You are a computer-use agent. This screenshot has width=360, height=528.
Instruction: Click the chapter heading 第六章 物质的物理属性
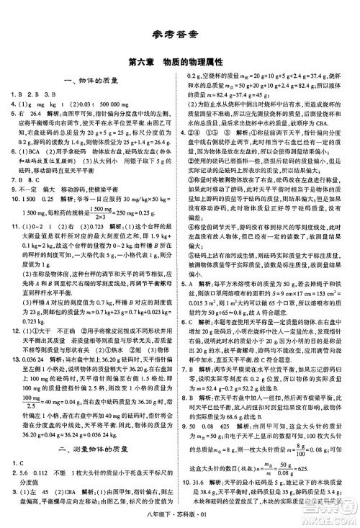[x=179, y=63]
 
